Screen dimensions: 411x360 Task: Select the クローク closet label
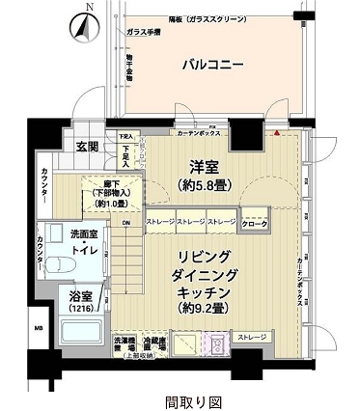pos(254,224)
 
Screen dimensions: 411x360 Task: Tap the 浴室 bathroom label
pos(82,297)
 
